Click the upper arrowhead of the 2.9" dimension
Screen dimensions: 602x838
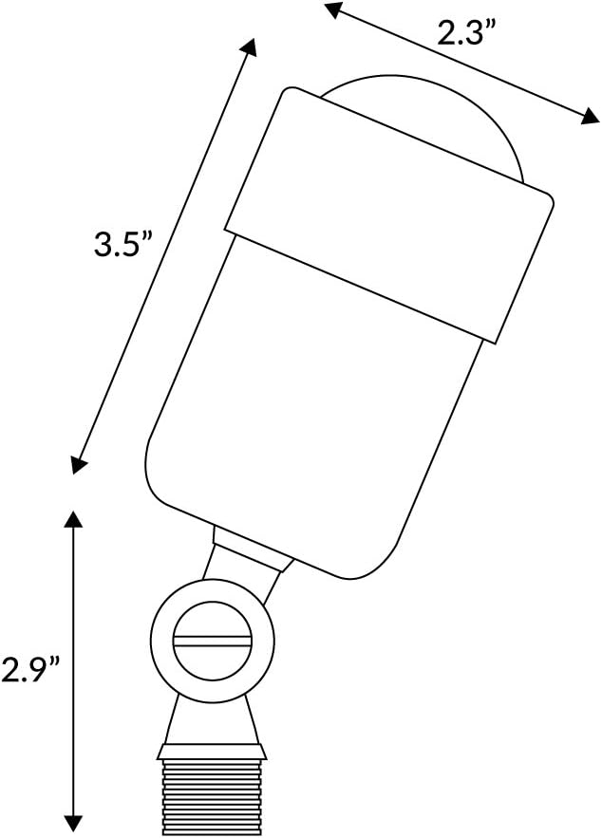pos(73,519)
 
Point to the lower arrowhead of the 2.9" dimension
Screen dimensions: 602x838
pos(73,824)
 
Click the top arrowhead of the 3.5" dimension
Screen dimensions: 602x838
pos(249,48)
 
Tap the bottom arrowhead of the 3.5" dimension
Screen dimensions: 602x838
pos(79,465)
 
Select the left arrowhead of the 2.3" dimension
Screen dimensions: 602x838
pos(333,9)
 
